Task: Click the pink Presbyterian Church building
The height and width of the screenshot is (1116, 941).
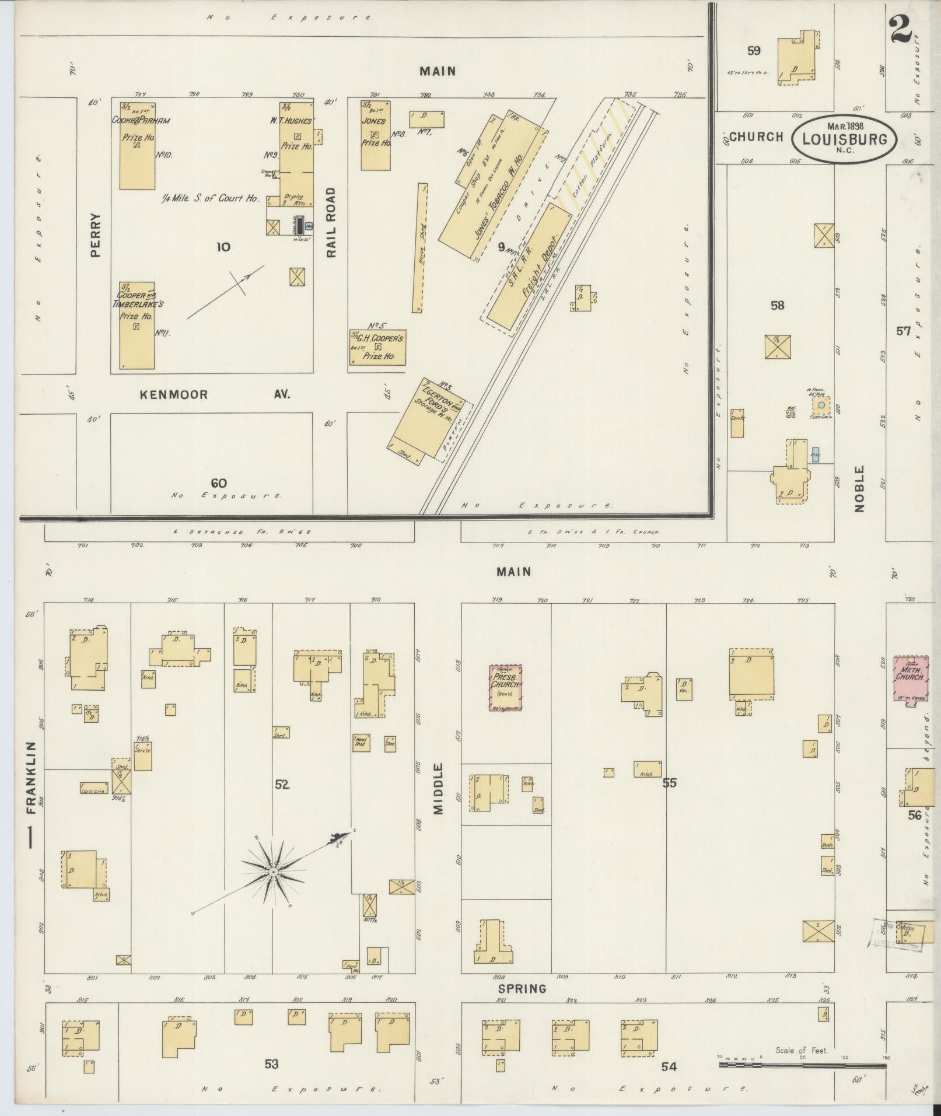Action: tap(505, 687)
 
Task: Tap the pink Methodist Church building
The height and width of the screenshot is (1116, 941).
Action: tap(910, 680)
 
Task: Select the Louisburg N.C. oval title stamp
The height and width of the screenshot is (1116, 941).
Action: tap(844, 138)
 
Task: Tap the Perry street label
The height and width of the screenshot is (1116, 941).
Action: tap(96, 235)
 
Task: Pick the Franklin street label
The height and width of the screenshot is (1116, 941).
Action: tap(32, 778)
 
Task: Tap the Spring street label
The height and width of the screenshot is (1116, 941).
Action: tap(522, 988)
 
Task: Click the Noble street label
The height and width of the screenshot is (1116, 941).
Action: tap(859, 489)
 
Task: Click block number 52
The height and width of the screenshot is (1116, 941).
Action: tap(282, 785)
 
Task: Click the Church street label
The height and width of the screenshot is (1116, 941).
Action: tap(756, 137)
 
